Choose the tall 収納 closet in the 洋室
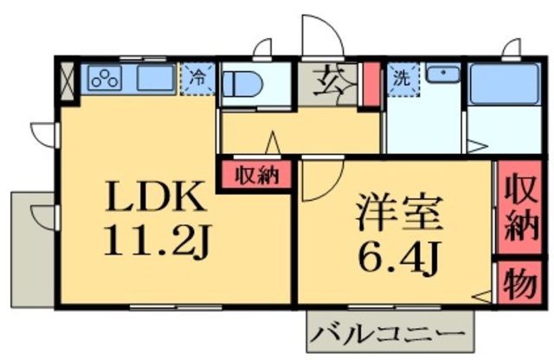[519, 206]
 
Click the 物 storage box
[519, 283]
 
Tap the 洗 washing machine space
[402, 77]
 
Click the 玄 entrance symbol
[329, 83]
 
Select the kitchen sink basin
[155, 79]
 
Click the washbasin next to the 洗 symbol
[441, 76]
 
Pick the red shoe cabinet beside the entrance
[370, 83]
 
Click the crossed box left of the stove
[69, 78]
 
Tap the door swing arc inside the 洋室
[317, 177]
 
